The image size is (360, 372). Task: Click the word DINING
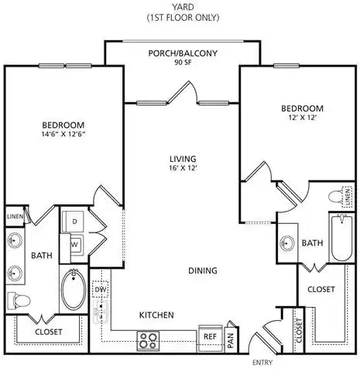(201, 270)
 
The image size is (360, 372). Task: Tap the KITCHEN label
(156, 315)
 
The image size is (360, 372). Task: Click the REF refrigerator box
(210, 337)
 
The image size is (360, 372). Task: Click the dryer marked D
(74, 222)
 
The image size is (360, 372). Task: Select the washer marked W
(74, 243)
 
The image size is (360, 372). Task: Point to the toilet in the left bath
(16, 299)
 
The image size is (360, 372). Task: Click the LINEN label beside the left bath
(14, 216)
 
